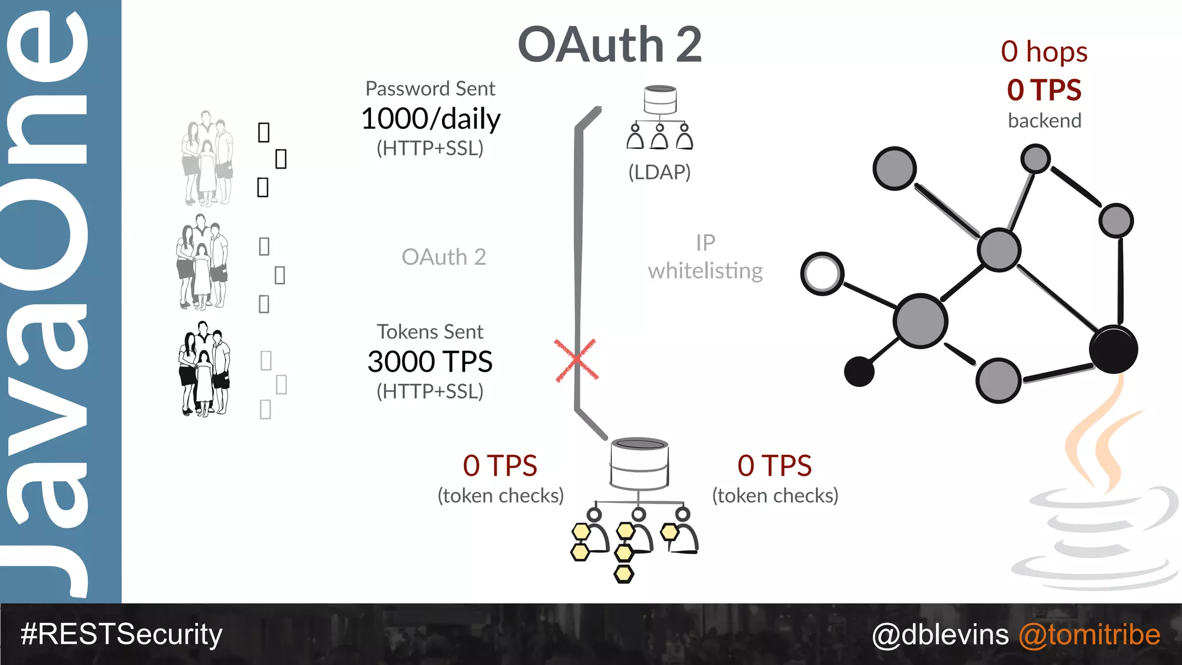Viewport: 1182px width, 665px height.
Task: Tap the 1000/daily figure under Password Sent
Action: coord(431,119)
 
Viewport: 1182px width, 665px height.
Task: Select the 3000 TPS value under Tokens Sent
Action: coord(430,362)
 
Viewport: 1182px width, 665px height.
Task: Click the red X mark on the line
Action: coord(576,360)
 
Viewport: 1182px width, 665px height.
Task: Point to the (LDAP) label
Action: coord(659,172)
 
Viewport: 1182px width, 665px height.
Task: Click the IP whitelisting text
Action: coord(705,257)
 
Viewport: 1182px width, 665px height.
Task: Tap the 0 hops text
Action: coord(1044,52)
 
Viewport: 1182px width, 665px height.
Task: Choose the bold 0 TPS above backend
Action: coord(1044,90)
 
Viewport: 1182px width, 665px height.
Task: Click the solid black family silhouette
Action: coord(204,369)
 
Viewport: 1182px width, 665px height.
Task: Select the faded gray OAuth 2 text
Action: coord(444,257)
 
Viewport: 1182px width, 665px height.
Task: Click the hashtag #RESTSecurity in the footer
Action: coord(121,634)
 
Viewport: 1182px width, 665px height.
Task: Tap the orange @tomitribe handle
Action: coord(1089,634)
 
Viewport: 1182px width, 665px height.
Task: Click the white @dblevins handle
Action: coord(940,634)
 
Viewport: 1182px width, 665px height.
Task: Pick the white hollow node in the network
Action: coord(822,274)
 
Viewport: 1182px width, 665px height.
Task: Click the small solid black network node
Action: coord(859,371)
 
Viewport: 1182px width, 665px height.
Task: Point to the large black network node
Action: coord(1113,349)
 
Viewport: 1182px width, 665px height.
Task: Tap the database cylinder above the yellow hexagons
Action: coord(639,463)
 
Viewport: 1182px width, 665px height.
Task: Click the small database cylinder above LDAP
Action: coord(660,100)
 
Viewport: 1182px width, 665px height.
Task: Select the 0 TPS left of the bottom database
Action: coord(500,466)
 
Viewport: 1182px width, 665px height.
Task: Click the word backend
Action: coord(1044,121)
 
